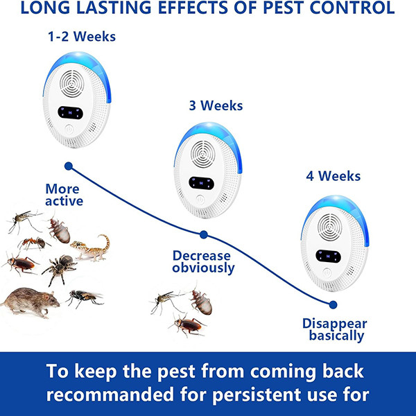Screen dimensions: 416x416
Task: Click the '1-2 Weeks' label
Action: click(82, 37)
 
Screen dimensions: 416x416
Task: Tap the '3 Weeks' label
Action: click(216, 105)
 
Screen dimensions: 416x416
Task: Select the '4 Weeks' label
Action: click(333, 176)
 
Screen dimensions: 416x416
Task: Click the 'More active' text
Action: click(64, 195)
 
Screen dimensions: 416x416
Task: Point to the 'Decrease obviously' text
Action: click(203, 262)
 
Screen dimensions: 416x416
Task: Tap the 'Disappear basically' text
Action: click(335, 329)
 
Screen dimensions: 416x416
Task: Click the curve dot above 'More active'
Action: click(69, 166)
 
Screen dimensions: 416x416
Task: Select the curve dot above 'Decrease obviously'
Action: click(203, 234)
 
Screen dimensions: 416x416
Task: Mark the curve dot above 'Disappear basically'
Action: click(333, 305)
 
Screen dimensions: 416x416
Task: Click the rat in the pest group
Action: click(30, 302)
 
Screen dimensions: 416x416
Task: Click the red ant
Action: click(34, 243)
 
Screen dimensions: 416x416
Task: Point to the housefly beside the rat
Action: click(84, 298)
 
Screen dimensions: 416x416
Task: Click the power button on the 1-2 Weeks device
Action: click(69, 129)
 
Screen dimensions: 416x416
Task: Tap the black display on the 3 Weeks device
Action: click(201, 183)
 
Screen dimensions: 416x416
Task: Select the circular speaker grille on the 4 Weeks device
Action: click(330, 227)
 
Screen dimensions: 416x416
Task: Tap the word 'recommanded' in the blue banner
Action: click(110, 395)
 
